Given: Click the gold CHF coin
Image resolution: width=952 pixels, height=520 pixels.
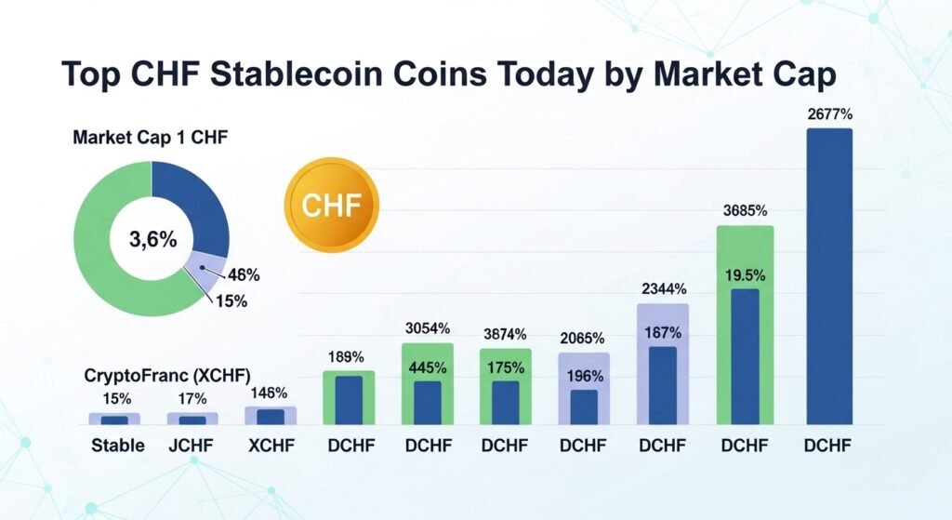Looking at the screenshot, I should (333, 203).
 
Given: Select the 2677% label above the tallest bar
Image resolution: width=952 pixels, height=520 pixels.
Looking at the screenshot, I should (830, 114).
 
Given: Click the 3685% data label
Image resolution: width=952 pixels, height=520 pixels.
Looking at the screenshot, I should (745, 211).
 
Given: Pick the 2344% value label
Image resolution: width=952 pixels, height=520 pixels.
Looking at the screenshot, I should (662, 287).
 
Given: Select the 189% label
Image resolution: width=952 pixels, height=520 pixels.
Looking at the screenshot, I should (348, 355).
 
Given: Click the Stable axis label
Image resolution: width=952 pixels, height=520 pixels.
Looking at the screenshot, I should (118, 446).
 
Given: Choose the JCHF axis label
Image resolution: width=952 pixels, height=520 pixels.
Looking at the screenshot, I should (192, 446).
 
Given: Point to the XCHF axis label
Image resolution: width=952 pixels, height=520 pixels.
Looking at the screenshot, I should (271, 446).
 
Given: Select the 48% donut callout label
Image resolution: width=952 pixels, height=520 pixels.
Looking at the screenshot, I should (244, 275).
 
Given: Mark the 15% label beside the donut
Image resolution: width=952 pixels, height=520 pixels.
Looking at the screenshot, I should (232, 301).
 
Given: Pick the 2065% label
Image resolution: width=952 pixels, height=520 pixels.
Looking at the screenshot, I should (583, 338).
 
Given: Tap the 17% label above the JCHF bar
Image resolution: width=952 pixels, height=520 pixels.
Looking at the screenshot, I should (192, 397).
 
